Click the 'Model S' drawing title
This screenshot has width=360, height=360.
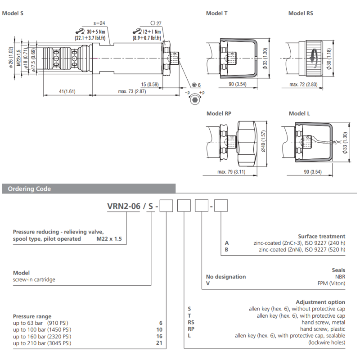click(13, 13)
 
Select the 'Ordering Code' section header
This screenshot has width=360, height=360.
click(30, 189)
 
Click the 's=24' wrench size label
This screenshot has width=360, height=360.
click(99, 23)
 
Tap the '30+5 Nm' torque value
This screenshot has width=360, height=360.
click(95, 32)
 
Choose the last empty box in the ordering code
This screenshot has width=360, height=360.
click(220, 207)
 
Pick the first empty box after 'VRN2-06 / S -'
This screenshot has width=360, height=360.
click(167, 207)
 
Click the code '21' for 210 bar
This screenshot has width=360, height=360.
click(159, 343)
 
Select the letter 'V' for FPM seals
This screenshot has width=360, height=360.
click(208, 283)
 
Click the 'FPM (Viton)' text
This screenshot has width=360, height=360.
click(331, 283)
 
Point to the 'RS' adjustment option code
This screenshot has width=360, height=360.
click(191, 322)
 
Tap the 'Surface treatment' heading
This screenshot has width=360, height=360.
click(322, 236)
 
